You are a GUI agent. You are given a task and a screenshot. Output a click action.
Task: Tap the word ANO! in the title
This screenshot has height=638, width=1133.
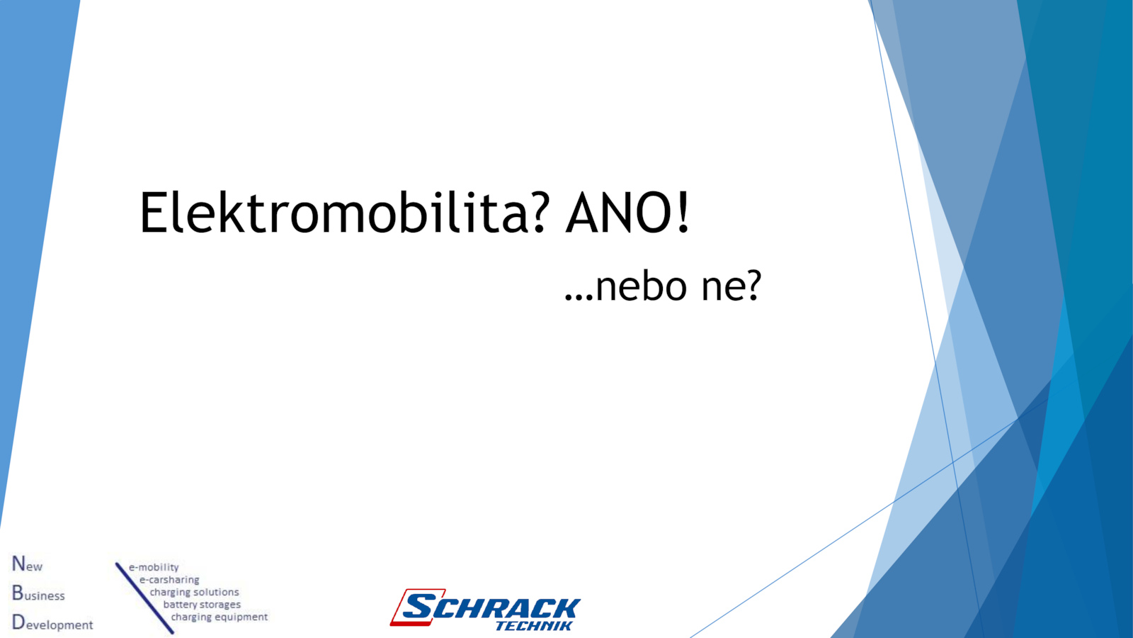(x=627, y=212)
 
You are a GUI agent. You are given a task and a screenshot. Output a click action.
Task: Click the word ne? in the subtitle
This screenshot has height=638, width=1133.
(x=731, y=286)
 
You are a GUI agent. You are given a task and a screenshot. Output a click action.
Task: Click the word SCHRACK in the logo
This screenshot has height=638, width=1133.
(x=491, y=608)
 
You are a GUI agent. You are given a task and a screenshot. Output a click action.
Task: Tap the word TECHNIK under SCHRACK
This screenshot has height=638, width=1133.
(x=534, y=626)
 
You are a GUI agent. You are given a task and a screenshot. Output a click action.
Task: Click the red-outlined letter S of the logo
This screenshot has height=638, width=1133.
(x=418, y=607)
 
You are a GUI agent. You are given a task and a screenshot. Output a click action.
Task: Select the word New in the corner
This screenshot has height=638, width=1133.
(x=28, y=564)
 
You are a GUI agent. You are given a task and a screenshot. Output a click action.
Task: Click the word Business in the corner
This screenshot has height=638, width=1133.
(x=38, y=593)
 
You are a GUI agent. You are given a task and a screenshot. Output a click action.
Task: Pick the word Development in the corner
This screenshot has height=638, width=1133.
(x=52, y=623)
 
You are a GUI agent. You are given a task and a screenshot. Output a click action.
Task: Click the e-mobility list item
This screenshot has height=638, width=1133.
(x=154, y=568)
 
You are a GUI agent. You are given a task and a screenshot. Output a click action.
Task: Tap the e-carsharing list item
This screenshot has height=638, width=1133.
(x=169, y=580)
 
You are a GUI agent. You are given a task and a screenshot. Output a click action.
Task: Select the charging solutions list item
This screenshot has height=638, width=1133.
(x=194, y=593)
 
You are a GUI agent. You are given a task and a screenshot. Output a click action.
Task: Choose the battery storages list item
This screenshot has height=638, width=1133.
(x=202, y=605)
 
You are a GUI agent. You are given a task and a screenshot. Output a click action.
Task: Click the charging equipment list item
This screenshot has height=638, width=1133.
(x=220, y=617)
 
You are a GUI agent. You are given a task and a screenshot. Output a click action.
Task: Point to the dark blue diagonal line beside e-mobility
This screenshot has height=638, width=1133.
(x=144, y=598)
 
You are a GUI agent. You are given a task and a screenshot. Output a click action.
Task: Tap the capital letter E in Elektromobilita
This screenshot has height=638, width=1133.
(x=153, y=213)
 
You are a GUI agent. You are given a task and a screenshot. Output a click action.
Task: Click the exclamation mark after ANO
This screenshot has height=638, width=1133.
(x=683, y=213)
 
